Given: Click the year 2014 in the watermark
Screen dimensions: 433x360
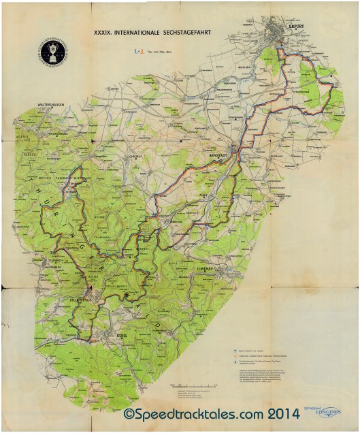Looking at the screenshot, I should [265, 414].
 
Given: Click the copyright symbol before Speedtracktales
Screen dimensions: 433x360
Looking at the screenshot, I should [128, 414].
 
